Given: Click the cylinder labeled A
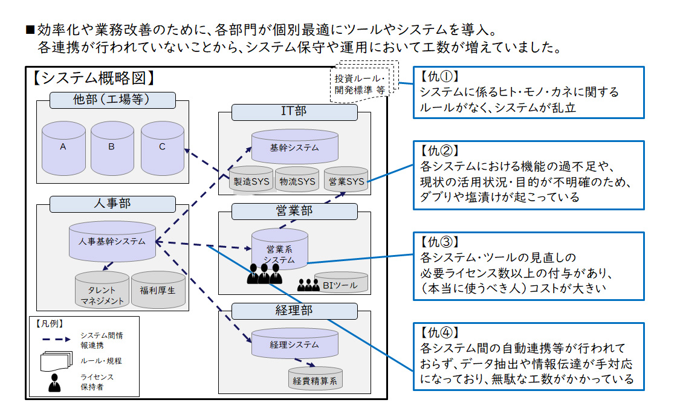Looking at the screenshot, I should click(63, 147).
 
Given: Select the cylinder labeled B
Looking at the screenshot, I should click(112, 147).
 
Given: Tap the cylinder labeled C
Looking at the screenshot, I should click(162, 147).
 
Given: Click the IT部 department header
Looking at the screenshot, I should click(294, 112).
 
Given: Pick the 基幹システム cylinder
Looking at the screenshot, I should click(294, 147).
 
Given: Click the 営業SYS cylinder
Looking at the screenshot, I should click(346, 181).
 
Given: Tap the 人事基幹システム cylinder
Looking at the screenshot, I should click(112, 241).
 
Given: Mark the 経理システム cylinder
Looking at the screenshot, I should click(294, 344).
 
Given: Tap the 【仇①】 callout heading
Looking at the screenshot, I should click(439, 77).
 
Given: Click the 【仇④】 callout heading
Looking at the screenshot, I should click(439, 332).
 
